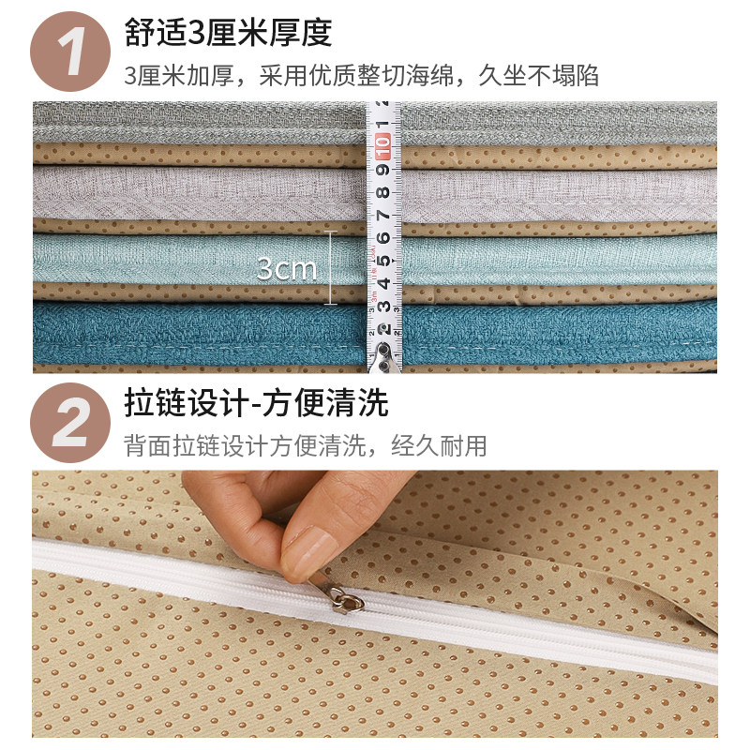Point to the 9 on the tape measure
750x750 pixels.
tap(382, 172)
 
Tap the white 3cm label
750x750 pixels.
tap(287, 270)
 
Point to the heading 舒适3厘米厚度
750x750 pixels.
tap(228, 33)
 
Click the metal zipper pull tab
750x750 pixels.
tap(345, 599)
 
